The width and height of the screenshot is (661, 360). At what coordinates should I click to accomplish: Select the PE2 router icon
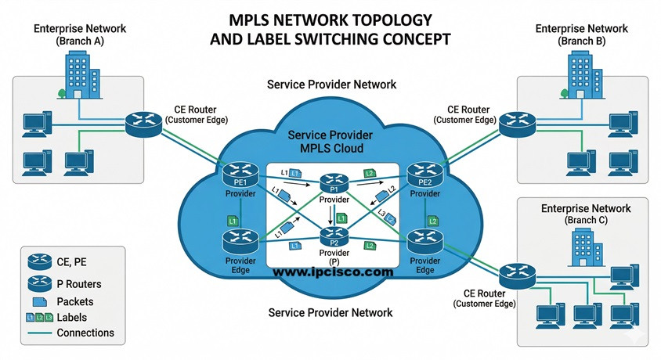(424, 174)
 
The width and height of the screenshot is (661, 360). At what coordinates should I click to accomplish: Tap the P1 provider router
(333, 185)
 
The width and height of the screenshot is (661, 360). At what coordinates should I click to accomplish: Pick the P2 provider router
(333, 235)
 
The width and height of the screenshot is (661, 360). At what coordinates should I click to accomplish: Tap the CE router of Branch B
(518, 121)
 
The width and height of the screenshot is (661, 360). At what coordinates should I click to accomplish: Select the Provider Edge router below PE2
(423, 240)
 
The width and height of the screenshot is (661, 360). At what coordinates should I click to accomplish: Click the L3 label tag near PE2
(384, 214)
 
